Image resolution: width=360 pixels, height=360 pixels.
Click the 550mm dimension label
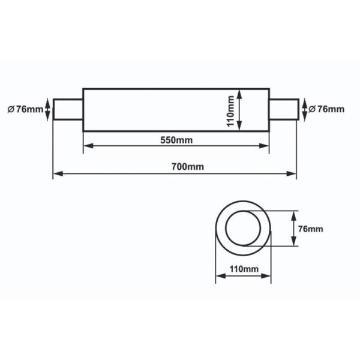176,140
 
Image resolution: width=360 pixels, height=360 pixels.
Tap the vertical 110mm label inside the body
230,110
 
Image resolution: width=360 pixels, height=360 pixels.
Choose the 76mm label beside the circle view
311,229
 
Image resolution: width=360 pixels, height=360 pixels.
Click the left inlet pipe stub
68,109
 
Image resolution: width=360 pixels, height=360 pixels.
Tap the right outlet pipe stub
282,109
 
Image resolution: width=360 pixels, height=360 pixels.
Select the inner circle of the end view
244,229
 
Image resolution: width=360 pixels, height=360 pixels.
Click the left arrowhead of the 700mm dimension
57,175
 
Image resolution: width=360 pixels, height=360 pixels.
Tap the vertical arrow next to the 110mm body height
239,110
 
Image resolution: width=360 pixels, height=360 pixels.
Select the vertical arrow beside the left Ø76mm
47,109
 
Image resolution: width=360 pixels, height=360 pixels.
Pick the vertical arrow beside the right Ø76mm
304,109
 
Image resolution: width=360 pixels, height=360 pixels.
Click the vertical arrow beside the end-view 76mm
293,229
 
